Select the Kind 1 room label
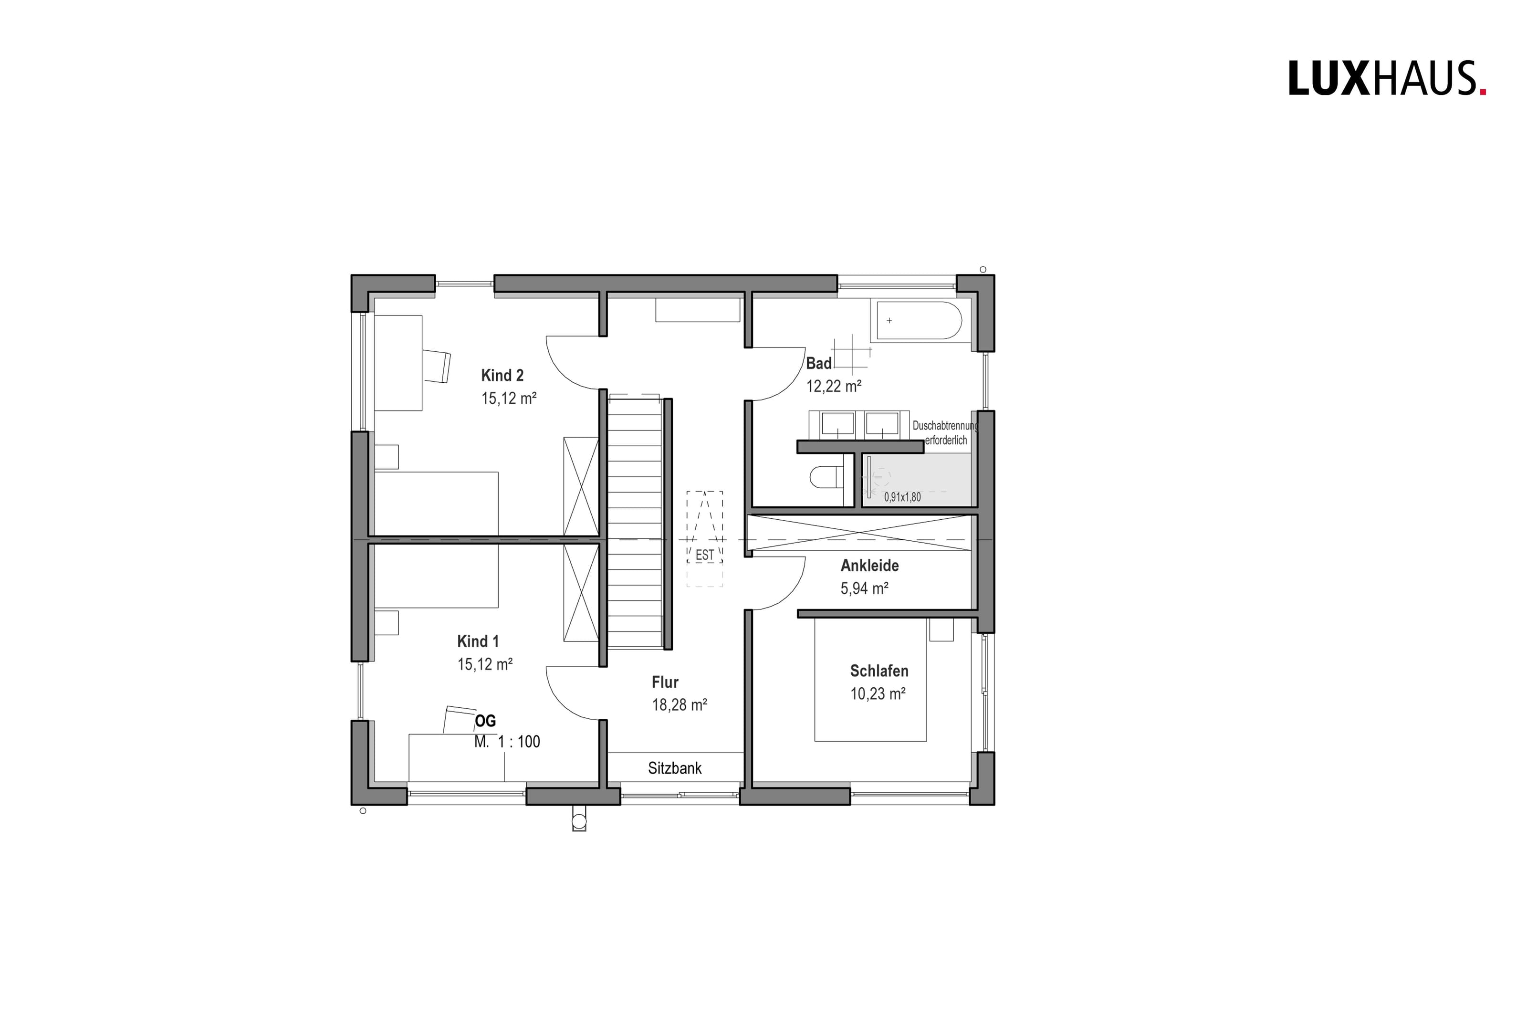(478, 641)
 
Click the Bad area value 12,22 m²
(833, 386)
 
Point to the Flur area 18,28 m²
(679, 705)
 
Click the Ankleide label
(869, 566)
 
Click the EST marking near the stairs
(704, 555)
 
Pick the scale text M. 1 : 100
(507, 741)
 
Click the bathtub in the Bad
(919, 320)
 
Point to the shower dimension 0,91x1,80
(902, 497)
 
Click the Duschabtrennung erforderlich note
(945, 433)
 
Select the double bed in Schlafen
(870, 680)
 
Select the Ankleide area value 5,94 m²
(864, 588)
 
